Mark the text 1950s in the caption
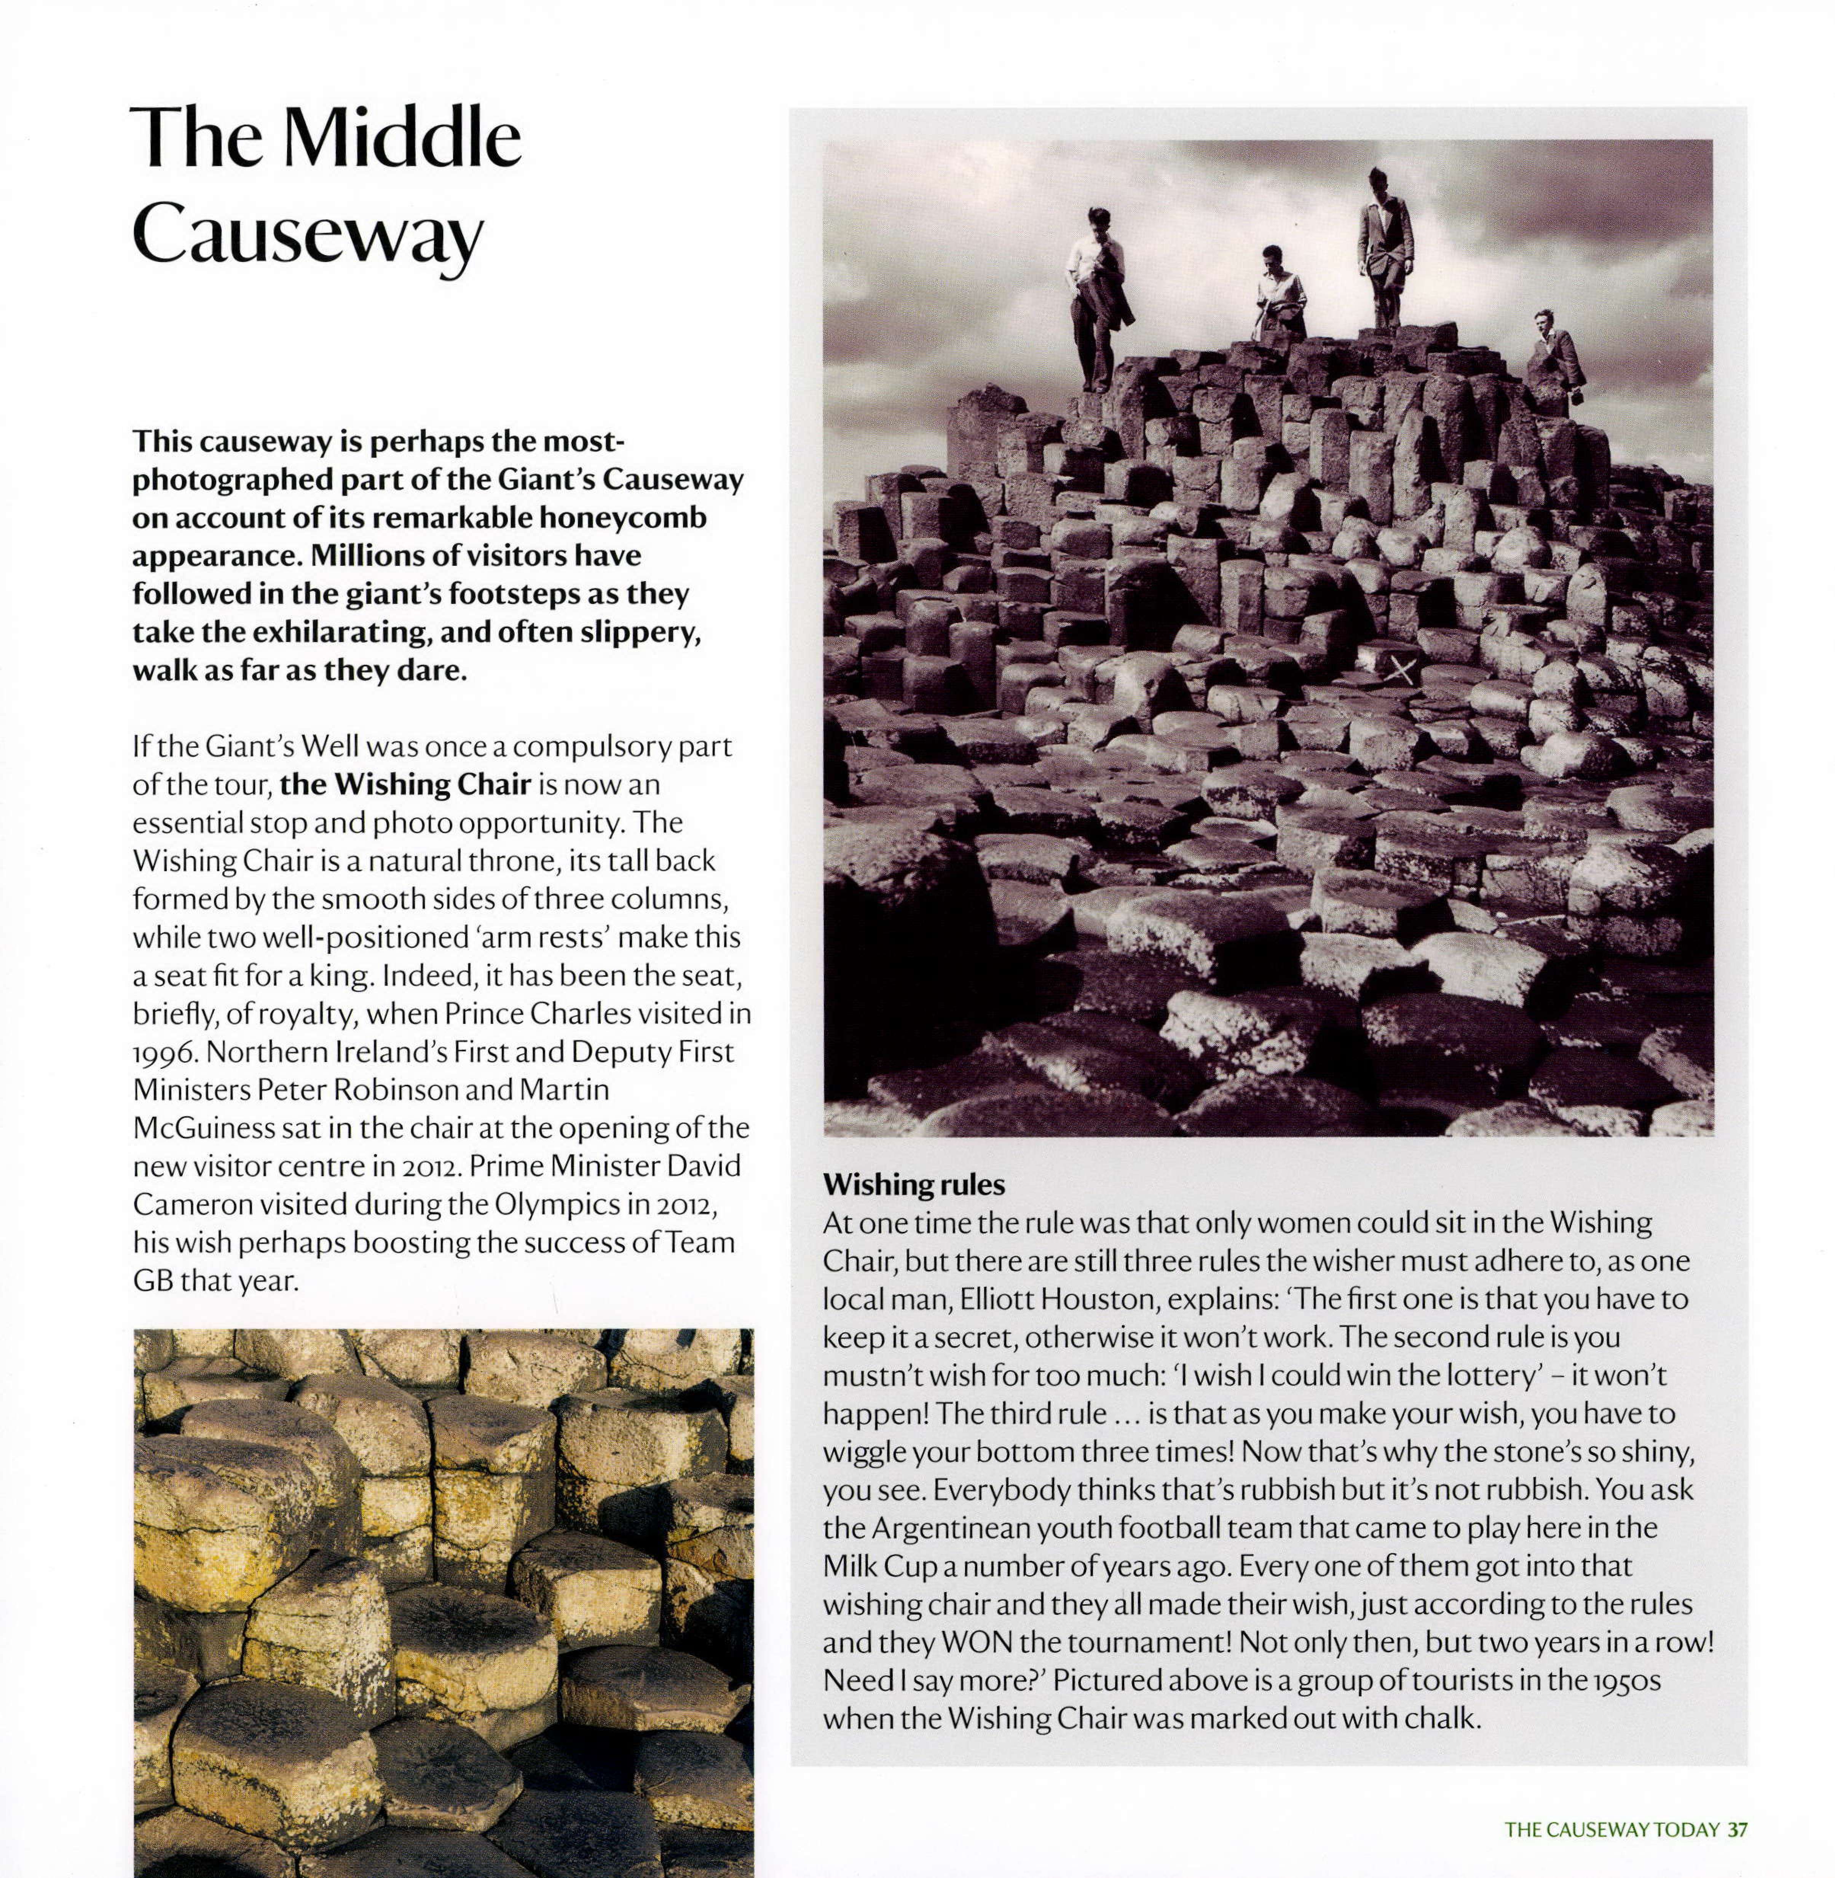(x=1627, y=1680)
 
